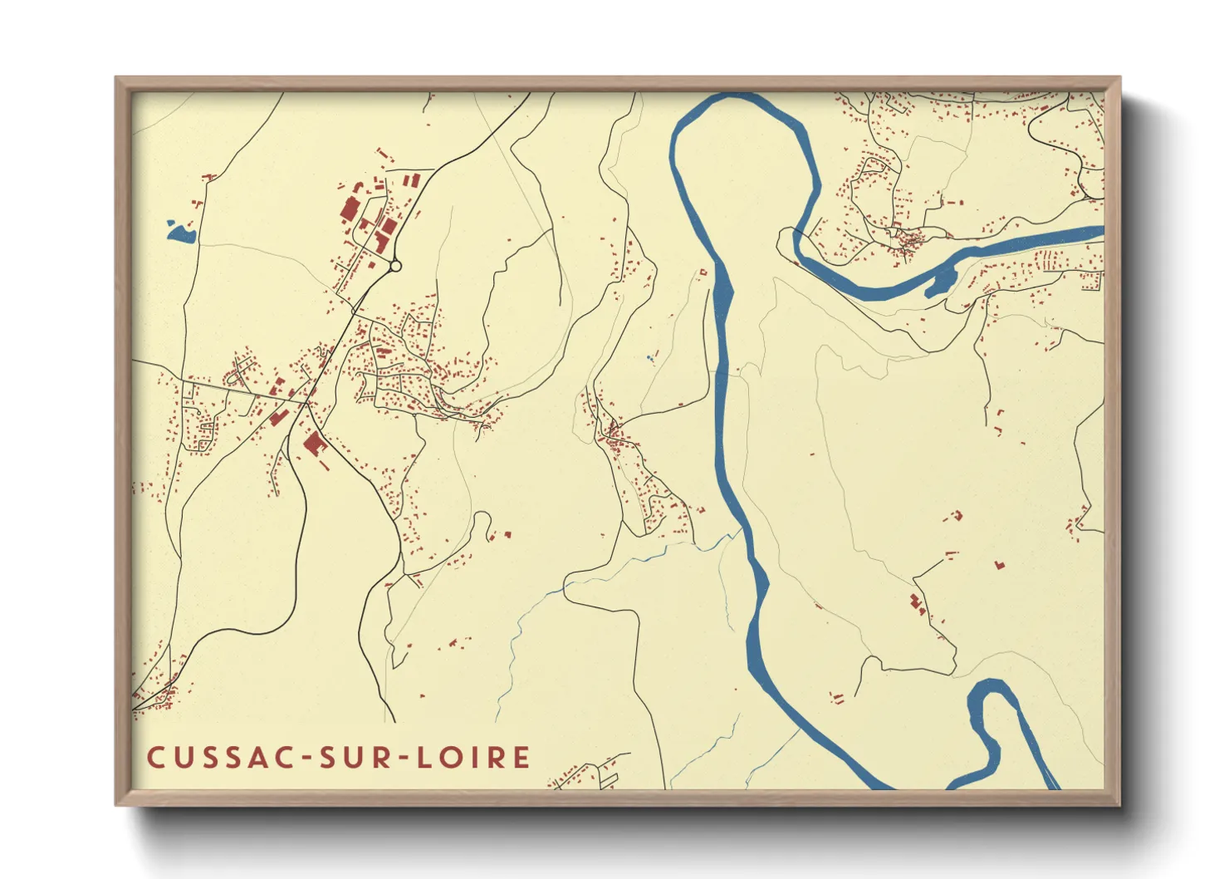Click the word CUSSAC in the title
(x=218, y=758)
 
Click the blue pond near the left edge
(x=180, y=233)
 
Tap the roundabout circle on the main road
(x=395, y=266)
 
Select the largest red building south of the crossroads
(x=313, y=444)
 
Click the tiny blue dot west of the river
(x=650, y=358)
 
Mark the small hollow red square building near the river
(x=703, y=272)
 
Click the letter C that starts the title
(x=155, y=758)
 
